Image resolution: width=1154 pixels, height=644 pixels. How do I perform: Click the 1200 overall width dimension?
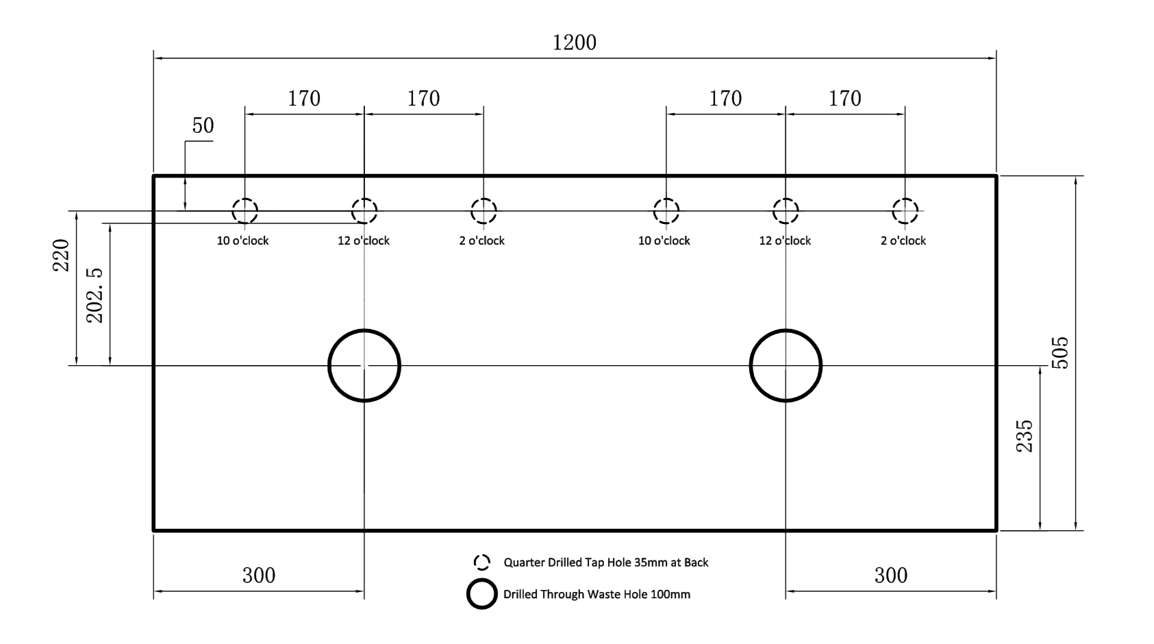click(x=575, y=42)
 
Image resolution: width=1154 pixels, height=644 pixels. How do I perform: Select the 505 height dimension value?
click(x=1060, y=353)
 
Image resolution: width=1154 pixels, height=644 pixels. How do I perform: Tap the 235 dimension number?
click(x=1025, y=436)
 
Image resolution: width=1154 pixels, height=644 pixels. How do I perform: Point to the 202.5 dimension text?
click(x=95, y=296)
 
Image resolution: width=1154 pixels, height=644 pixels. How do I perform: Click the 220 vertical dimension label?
click(x=61, y=255)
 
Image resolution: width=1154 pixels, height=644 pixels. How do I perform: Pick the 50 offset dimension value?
click(x=203, y=125)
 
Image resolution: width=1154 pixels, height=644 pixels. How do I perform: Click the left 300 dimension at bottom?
click(x=259, y=575)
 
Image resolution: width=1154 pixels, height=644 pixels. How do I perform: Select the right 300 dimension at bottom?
click(x=891, y=575)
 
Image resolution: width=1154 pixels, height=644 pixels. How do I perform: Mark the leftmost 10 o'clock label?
click(x=242, y=240)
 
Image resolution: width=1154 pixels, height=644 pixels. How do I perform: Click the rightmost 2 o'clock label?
click(x=903, y=240)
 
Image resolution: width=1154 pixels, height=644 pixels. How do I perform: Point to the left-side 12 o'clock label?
click(x=364, y=240)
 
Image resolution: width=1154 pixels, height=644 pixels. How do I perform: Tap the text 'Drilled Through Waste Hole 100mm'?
click(x=597, y=595)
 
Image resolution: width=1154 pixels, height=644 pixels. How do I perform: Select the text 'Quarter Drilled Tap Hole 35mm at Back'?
click(x=606, y=562)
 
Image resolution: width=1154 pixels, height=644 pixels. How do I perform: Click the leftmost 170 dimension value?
click(x=304, y=99)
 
